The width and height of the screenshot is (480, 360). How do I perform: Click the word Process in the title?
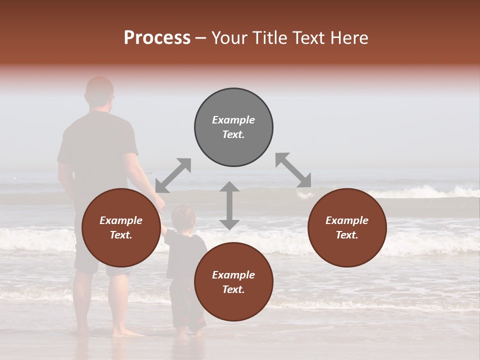pos(157,38)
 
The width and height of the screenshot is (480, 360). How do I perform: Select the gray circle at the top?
pos(233,127)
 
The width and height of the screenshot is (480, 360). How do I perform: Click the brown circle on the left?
pos(121,227)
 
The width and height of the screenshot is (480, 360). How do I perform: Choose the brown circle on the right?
pos(347,227)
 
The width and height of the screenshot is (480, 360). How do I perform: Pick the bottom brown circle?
pos(233,282)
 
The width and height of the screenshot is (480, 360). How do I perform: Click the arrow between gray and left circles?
pos(173,175)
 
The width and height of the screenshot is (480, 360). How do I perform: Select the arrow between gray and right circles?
pos(293,170)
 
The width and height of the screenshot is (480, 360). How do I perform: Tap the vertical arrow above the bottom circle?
pos(229,205)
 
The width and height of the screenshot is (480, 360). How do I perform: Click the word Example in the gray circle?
pos(233,120)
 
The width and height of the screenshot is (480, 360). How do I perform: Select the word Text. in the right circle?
pos(347,235)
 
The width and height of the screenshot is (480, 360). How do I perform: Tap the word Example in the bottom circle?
pos(233,275)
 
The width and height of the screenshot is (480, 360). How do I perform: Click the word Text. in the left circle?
pos(121,235)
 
